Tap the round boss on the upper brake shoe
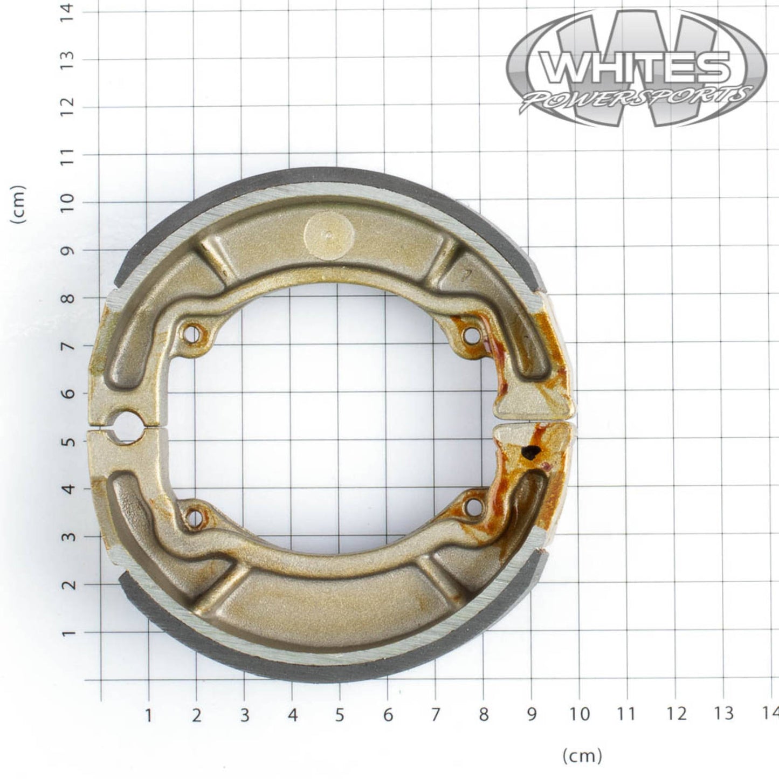(x=329, y=235)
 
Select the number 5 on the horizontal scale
(x=340, y=714)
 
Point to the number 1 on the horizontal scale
(x=148, y=714)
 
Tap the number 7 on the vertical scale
(x=68, y=346)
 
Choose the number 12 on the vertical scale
(x=68, y=106)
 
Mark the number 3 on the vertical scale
(x=68, y=536)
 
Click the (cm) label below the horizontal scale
(x=582, y=756)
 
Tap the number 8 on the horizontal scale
(x=484, y=714)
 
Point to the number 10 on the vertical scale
(x=68, y=202)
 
